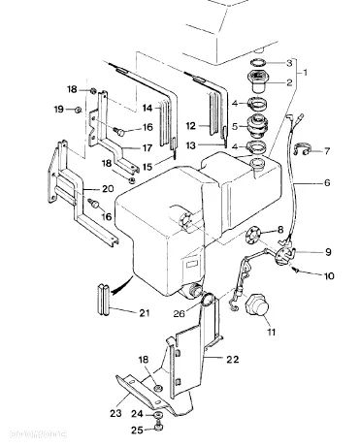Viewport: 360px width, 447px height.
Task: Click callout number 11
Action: coord(271,332)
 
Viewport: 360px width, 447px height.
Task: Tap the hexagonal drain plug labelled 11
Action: coord(256,303)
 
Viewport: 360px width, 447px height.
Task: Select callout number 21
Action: coord(145,312)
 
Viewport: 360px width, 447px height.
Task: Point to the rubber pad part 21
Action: coord(104,298)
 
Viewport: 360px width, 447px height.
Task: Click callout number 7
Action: coord(327,150)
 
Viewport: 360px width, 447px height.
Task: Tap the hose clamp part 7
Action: coord(303,148)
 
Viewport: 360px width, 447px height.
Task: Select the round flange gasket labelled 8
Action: coord(251,234)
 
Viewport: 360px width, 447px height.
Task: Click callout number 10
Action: coord(329,275)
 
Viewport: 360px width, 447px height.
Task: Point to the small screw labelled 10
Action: coord(295,269)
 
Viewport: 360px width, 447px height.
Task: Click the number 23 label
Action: coord(115,413)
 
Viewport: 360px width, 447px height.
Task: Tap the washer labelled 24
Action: coord(158,415)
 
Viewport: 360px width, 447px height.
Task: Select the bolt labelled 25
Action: coord(158,428)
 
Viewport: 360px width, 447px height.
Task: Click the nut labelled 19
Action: coord(78,110)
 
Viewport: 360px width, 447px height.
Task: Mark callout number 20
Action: coord(108,188)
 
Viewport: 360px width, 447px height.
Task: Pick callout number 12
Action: coord(191,126)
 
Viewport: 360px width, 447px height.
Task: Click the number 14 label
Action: coord(147,108)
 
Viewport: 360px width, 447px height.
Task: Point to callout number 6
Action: coord(327,182)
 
